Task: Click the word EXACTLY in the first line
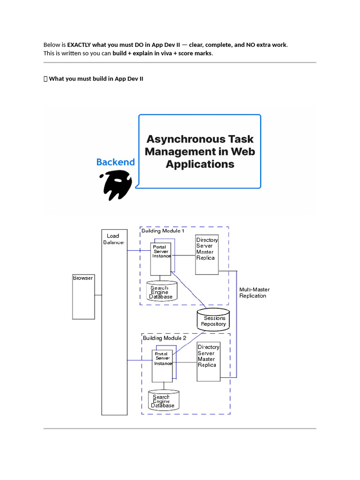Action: [79, 45]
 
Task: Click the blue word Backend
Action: [115, 162]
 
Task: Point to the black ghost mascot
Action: [116, 185]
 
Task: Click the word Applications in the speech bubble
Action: [200, 164]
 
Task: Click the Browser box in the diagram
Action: [83, 297]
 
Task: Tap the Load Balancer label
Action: [113, 239]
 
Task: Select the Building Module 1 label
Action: [163, 231]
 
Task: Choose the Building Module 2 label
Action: [165, 338]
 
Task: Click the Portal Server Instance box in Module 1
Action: [161, 259]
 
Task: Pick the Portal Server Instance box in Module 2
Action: [162, 366]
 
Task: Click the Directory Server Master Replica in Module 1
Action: [207, 255]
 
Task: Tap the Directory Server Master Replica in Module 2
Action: [209, 361]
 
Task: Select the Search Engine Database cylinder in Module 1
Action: [162, 291]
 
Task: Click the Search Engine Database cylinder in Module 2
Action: [164, 400]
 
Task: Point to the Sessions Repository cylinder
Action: [213, 320]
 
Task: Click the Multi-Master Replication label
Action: [254, 292]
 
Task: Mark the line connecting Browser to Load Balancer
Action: [98, 295]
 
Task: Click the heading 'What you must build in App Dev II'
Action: [96, 79]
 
